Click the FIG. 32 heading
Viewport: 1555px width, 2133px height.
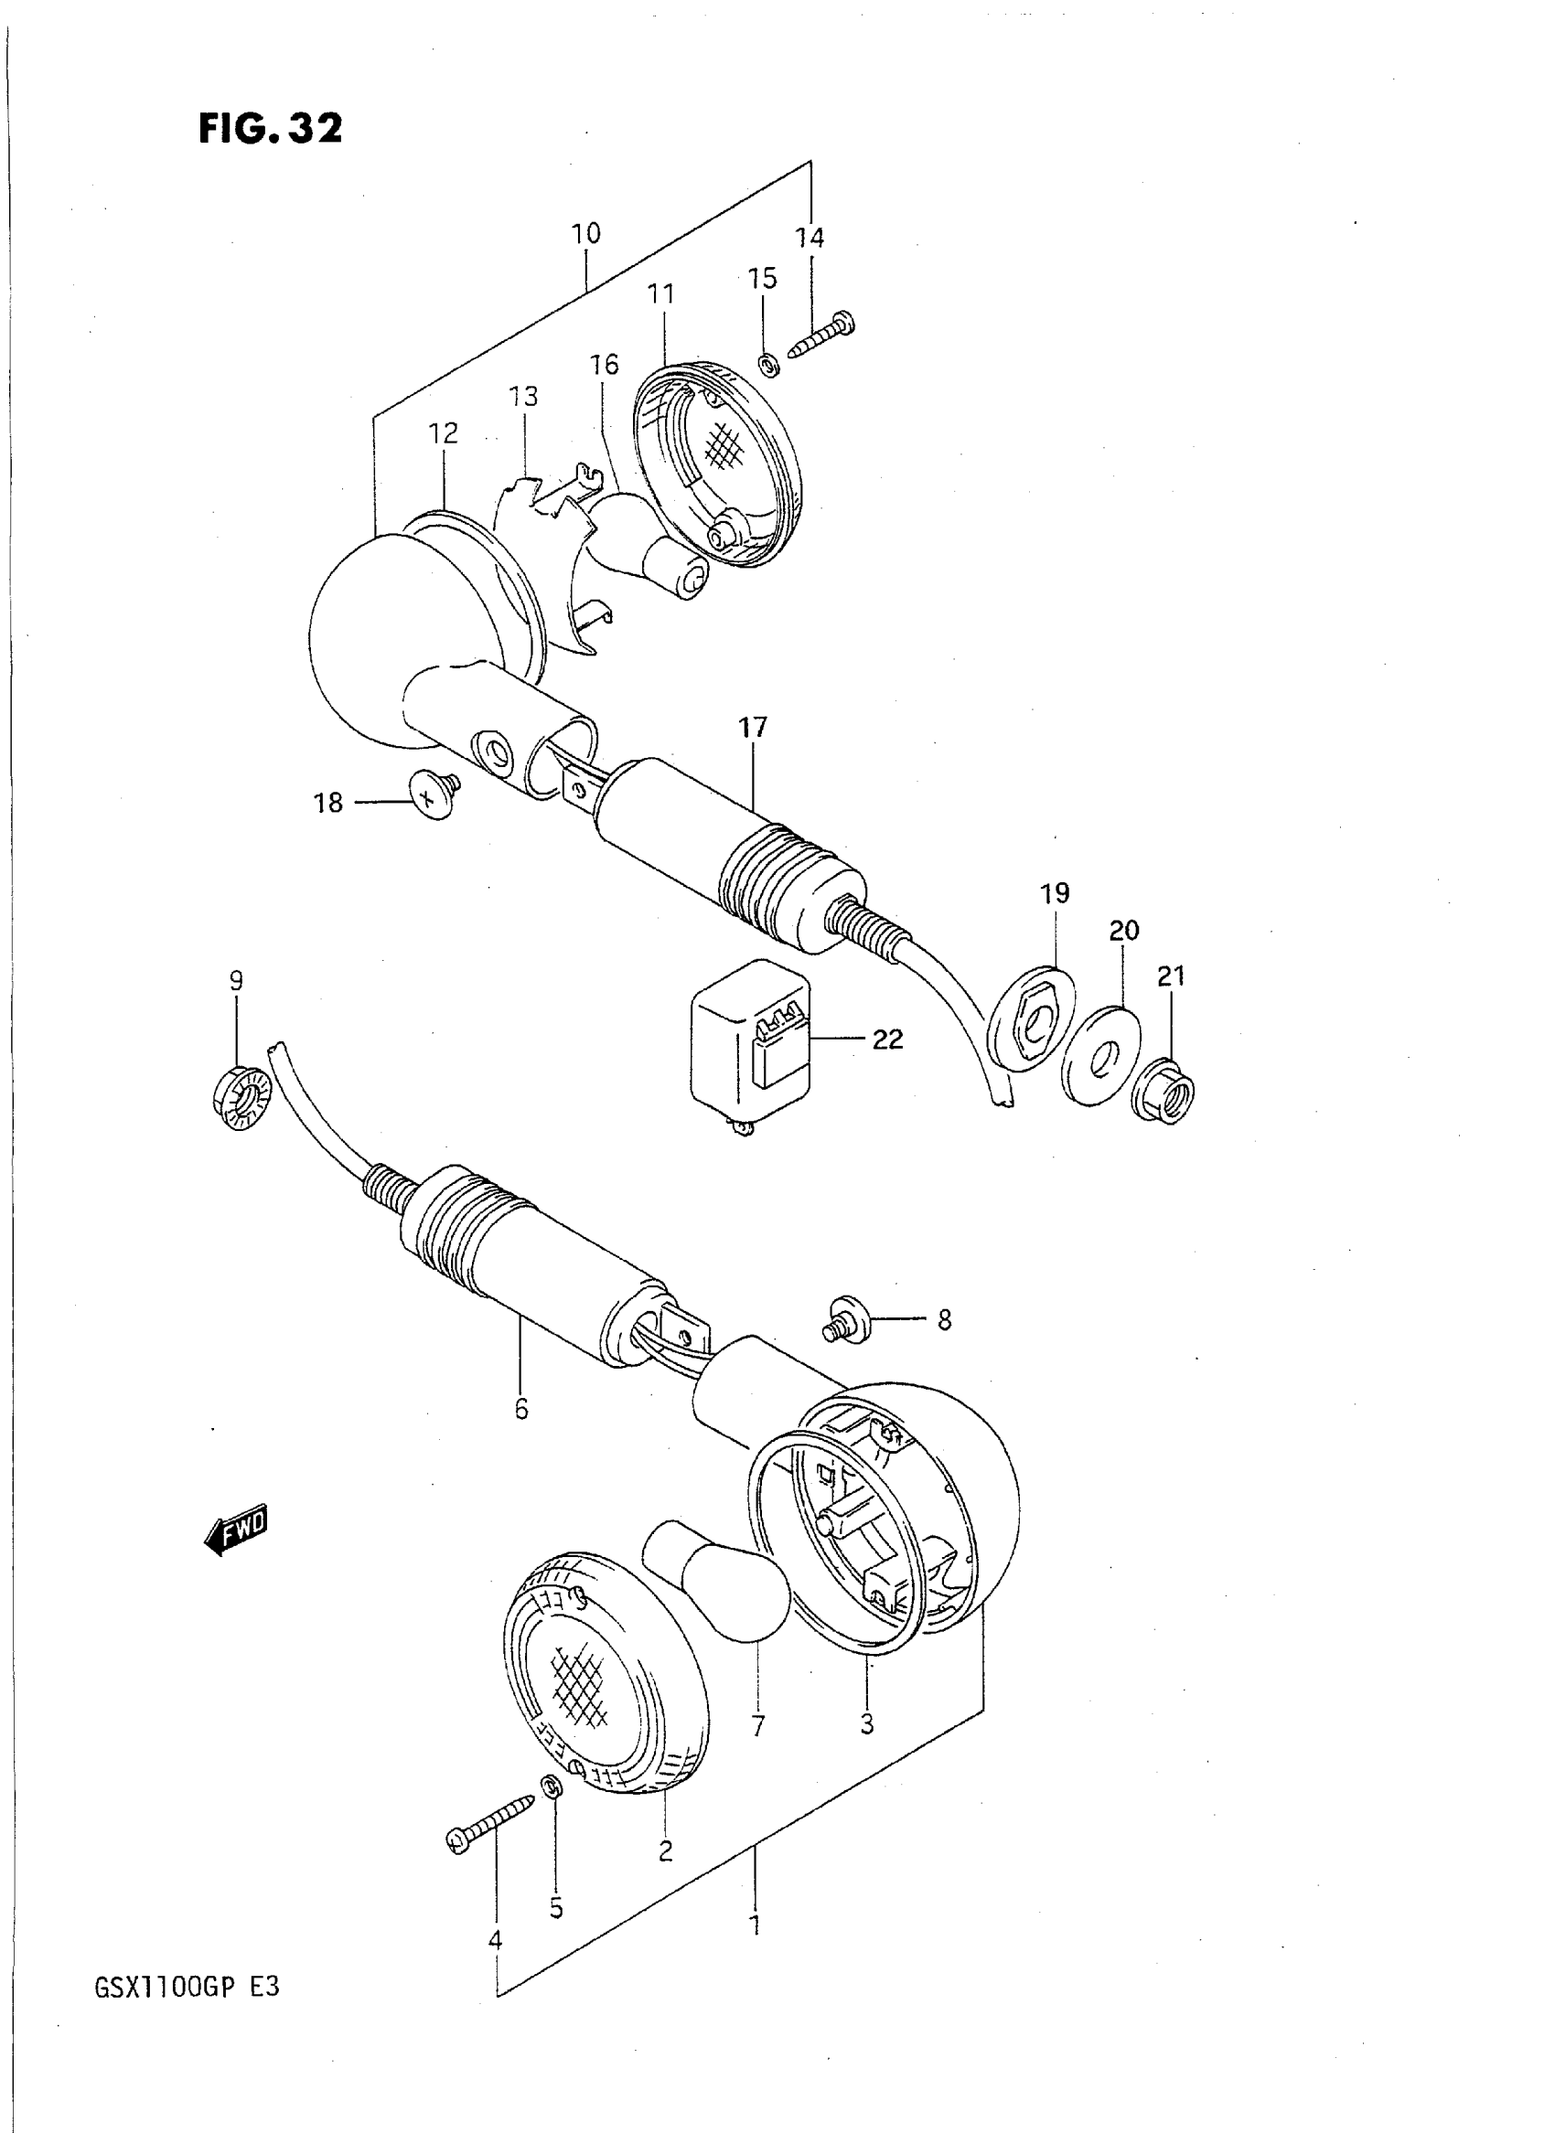click(270, 128)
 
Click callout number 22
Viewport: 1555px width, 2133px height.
click(886, 1039)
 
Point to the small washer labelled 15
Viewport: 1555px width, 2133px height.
click(767, 364)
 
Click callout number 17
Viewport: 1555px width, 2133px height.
click(753, 728)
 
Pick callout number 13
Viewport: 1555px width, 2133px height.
click(523, 397)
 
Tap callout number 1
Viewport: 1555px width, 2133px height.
click(754, 1925)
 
